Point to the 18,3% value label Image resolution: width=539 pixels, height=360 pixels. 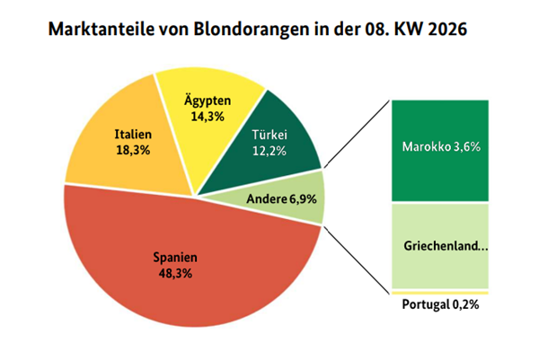[x=131, y=152]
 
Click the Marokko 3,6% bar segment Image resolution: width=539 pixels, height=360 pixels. [x=439, y=149]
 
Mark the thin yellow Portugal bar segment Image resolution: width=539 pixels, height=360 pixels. [x=439, y=293]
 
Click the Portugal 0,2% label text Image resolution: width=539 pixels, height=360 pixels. [x=439, y=305]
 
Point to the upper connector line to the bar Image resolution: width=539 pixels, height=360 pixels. [x=355, y=135]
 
